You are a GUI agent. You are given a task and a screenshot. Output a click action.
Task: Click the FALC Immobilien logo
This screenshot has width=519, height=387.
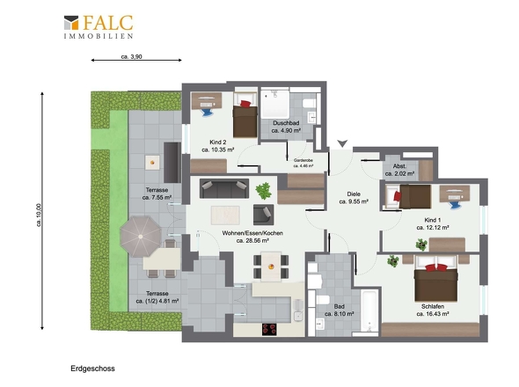click(99, 26)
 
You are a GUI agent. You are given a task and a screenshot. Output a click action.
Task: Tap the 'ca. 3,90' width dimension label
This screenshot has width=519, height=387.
click(131, 56)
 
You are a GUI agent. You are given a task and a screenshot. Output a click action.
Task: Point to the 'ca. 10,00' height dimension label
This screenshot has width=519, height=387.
click(39, 215)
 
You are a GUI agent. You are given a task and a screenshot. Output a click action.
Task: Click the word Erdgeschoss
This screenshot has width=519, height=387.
click(92, 369)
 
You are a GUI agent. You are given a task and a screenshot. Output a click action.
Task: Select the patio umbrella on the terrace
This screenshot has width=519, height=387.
click(141, 237)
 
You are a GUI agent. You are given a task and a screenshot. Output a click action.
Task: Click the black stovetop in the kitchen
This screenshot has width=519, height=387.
click(269, 329)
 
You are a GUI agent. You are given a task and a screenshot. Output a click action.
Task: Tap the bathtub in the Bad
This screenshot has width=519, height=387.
click(369, 310)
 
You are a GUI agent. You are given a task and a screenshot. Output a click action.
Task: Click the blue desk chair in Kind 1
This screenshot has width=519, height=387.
click(455, 205)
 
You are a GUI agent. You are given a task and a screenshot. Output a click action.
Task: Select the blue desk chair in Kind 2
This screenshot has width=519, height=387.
click(208, 112)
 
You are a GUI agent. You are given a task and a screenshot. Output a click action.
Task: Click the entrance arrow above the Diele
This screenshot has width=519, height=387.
click(342, 143)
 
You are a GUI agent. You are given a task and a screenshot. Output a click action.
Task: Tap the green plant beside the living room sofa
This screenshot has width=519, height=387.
click(264, 191)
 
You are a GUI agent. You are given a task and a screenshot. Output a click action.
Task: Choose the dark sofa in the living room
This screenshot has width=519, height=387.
click(224, 188)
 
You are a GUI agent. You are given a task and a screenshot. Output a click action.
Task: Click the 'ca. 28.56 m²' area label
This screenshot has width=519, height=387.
click(252, 241)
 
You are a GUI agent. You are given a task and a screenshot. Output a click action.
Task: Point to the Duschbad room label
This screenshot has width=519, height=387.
click(286, 123)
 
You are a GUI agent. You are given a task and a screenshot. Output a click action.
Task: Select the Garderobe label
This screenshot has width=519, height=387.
click(303, 160)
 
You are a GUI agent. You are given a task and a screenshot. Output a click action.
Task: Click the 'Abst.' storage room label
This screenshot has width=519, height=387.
click(400, 166)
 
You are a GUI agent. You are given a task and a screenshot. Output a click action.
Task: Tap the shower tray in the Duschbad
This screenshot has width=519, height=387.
click(275, 104)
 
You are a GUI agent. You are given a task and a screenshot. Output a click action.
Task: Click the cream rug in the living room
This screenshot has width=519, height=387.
click(225, 215)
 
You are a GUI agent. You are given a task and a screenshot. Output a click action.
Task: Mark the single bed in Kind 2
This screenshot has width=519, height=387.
click(245, 115)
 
